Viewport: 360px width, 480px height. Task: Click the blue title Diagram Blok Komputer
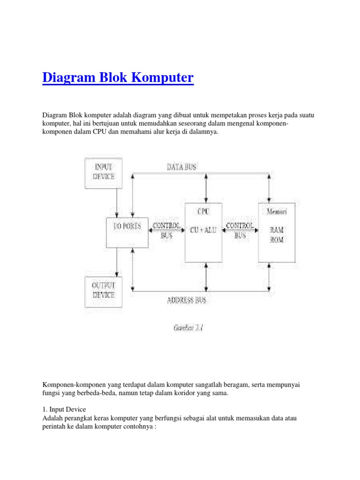coord(118,77)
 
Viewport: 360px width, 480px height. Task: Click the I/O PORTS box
coord(127,232)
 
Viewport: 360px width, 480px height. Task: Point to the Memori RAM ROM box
coord(277,232)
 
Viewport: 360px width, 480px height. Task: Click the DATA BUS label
coord(181,166)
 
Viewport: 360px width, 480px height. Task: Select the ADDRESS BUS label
coord(186,300)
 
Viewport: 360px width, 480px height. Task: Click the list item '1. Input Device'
coord(64,409)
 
